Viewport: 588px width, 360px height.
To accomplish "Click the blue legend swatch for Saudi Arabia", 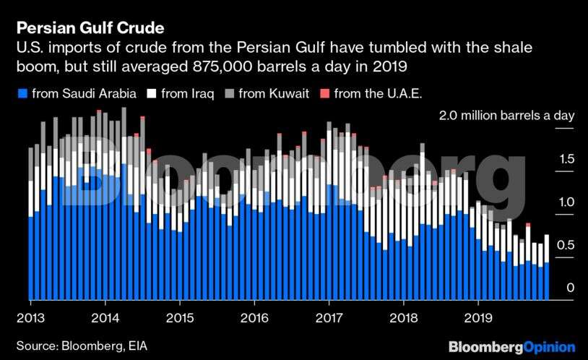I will [22, 93].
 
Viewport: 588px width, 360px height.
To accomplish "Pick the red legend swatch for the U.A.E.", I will [324, 93].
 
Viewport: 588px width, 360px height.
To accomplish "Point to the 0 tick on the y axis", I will [569, 288].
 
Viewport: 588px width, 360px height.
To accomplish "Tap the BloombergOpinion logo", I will [511, 347].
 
